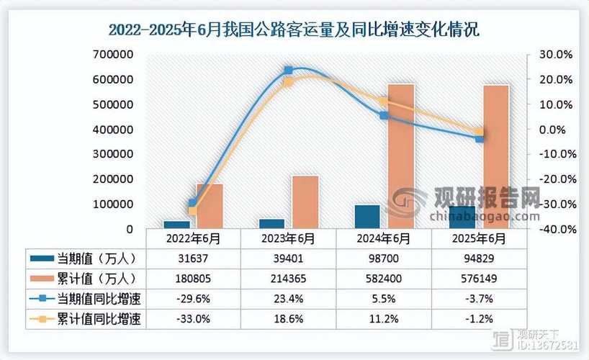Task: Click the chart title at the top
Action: click(294, 30)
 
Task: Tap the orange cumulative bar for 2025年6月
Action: click(496, 156)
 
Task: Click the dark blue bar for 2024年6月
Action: click(368, 217)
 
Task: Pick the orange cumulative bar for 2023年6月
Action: click(306, 202)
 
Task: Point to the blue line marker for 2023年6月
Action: click(288, 71)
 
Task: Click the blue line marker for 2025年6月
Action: click(480, 138)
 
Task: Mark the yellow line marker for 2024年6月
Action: click(385, 101)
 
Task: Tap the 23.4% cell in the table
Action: click(288, 298)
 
